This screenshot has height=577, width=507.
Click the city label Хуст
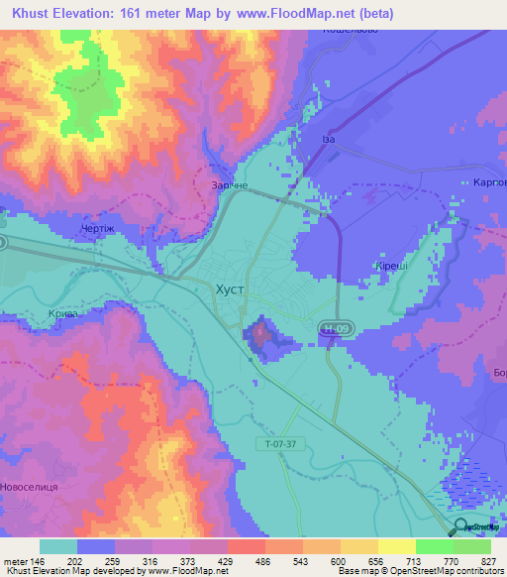coord(230,290)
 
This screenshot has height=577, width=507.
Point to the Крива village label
coord(62,313)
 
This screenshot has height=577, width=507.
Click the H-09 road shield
coord(334,327)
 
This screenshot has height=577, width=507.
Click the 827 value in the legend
coord(489,560)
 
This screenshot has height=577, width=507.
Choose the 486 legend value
coord(265,560)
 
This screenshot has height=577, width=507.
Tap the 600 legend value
coord(341,560)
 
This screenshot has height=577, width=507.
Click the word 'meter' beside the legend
coord(15,560)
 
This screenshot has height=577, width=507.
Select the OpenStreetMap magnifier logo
coord(459,526)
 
